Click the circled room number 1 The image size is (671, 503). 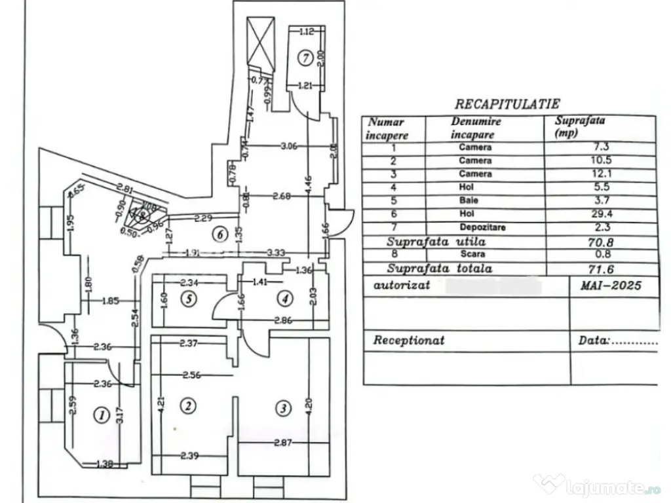click(101, 414)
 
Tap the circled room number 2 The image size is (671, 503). click(188, 406)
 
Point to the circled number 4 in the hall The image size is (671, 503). click(283, 299)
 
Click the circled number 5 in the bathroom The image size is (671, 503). click(189, 299)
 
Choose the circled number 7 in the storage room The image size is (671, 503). click(303, 57)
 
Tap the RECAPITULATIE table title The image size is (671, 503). click(507, 103)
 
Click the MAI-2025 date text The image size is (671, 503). click(610, 286)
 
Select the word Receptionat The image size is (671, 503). click(408, 341)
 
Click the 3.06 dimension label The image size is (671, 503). click(288, 147)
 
